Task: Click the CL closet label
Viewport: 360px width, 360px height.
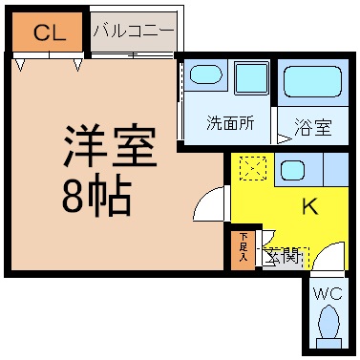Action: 50,32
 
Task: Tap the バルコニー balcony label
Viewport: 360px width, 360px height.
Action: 134,31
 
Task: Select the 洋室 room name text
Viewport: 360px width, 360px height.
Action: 111,147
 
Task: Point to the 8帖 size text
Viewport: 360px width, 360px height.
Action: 96,194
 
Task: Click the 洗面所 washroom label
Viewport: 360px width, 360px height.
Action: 230,122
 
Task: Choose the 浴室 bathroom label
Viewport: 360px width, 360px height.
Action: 313,127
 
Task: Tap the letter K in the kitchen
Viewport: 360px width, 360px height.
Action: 310,206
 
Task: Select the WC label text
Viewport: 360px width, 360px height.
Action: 328,293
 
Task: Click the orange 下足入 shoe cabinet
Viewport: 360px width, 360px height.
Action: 243,250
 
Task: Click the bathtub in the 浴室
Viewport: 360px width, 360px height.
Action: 312,81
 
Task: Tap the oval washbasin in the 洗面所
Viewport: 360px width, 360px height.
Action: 205,74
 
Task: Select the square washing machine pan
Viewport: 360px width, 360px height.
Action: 251,77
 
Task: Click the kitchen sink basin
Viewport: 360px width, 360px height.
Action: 292,170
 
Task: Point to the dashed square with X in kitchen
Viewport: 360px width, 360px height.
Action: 253,168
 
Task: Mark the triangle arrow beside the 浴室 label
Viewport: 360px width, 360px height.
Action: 285,139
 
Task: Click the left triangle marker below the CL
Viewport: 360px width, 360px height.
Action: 21,65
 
